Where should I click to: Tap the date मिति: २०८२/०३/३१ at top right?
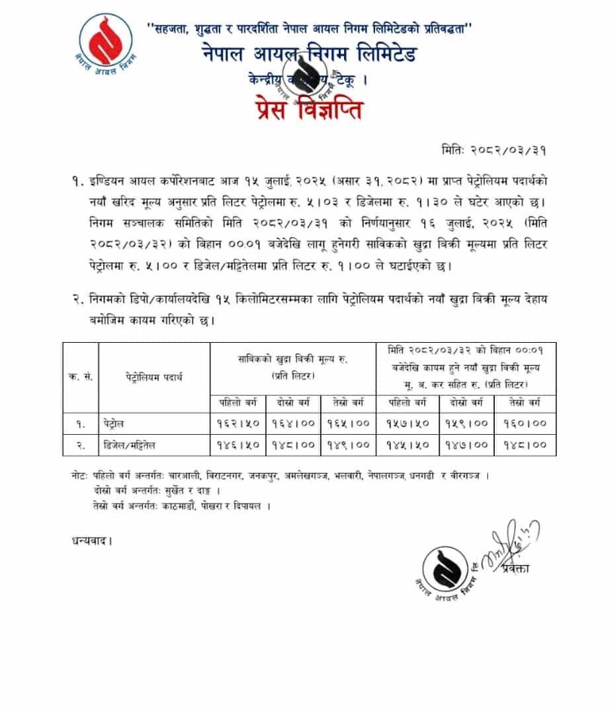coord(494,150)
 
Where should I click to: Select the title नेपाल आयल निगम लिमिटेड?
coord(310,54)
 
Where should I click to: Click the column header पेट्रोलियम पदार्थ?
coord(153,377)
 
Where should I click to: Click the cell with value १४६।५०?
coord(238,445)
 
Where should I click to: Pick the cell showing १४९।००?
coord(348,445)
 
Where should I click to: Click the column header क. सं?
coord(80,377)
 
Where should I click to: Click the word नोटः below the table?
coord(82,476)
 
